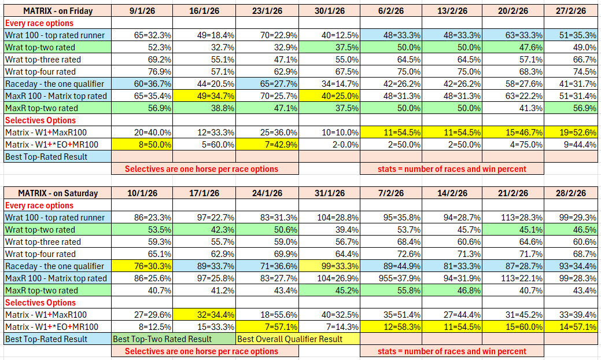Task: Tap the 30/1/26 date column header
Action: click(330, 11)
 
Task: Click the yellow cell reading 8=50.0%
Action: click(142, 145)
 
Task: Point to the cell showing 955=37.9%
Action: click(392, 278)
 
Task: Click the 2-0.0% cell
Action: click(330, 145)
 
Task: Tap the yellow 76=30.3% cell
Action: click(142, 266)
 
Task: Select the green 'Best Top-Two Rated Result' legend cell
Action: click(174, 339)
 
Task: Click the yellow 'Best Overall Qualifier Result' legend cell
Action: click(298, 339)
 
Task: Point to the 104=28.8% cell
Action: click(330, 218)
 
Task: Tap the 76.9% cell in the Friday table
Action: click(142, 72)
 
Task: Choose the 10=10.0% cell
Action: click(330, 133)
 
